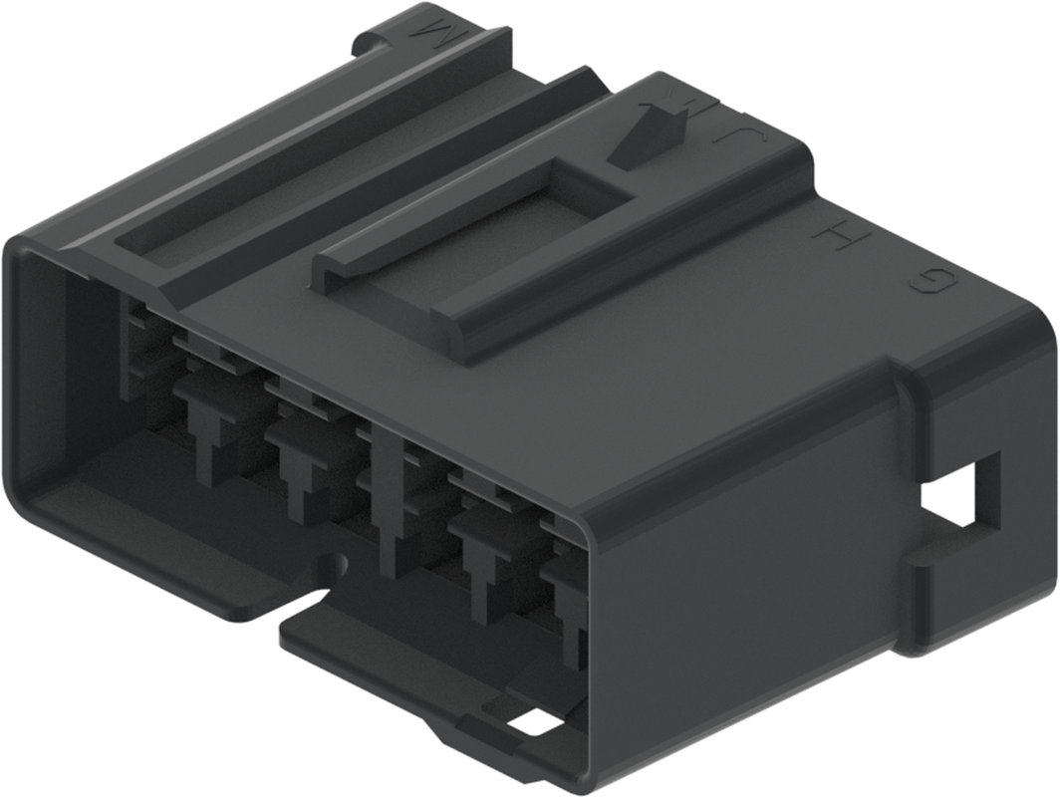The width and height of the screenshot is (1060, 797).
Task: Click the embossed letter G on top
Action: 933,283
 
